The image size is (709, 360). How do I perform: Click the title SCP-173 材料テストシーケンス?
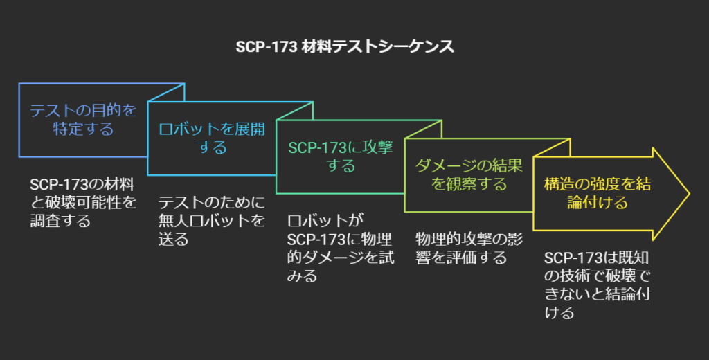[x=354, y=46]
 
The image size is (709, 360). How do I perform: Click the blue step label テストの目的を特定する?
[x=83, y=120]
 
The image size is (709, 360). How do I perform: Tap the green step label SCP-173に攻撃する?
[x=340, y=156]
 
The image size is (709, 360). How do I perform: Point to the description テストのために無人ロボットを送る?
[x=212, y=221]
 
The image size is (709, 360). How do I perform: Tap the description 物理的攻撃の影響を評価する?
[x=469, y=248]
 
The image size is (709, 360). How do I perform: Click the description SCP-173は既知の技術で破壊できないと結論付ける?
[x=597, y=285]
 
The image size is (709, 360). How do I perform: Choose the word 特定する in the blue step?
[x=83, y=129]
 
